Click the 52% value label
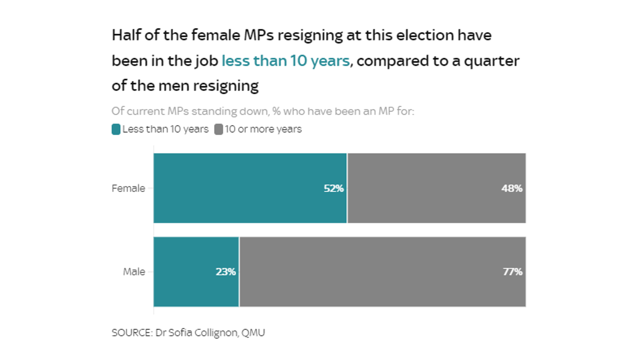tap(333, 188)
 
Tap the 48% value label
tap(512, 188)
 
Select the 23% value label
tap(226, 272)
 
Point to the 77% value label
tap(512, 272)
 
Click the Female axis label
tap(128, 188)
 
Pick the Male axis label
tap(134, 272)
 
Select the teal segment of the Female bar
tap(240, 188)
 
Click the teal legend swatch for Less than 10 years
tap(116, 129)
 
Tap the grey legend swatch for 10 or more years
tap(218, 129)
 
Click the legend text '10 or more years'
tap(263, 129)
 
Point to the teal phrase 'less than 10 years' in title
tap(286, 61)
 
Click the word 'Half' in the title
tap(126, 35)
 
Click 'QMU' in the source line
tap(253, 333)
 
